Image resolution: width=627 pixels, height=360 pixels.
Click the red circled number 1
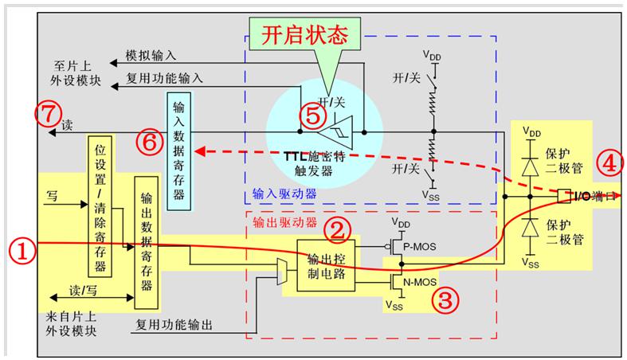[22, 250]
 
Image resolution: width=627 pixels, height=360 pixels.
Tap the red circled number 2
[337, 230]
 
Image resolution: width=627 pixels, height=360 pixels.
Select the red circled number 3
[445, 300]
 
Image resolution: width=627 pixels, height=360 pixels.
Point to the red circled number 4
[609, 163]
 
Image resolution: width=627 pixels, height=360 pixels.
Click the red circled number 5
[313, 116]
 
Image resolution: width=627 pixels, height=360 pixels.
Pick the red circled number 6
[150, 142]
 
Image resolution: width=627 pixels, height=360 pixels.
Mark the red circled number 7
[49, 114]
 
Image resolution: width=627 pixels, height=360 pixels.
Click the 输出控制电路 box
[326, 266]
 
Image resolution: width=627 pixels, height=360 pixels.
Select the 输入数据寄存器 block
[178, 151]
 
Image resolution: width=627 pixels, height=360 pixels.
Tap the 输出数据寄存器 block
[147, 243]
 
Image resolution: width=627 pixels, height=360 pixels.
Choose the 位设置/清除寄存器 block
[100, 206]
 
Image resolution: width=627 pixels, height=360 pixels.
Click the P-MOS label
[420, 247]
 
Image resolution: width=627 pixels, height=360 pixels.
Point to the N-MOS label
[420, 283]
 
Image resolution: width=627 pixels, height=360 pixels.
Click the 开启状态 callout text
[304, 34]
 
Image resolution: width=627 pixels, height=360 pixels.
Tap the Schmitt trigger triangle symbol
[335, 132]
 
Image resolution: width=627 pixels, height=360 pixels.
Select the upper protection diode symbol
[531, 165]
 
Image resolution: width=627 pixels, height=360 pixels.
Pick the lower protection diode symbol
[531, 228]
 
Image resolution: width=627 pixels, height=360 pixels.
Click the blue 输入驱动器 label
[284, 194]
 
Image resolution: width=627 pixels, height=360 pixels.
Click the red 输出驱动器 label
[284, 222]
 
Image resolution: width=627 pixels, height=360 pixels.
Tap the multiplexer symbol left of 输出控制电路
[282, 272]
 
